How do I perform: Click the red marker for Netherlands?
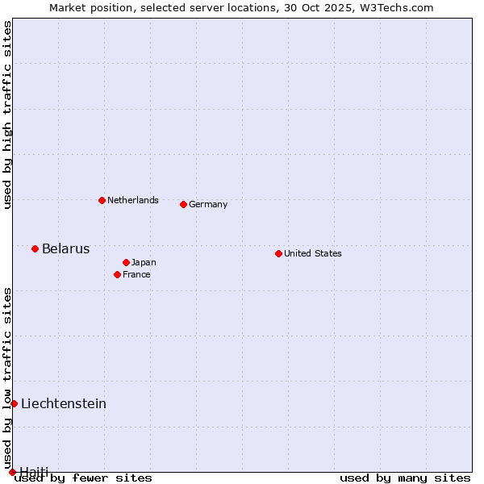click(102, 200)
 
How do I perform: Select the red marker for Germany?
click(183, 204)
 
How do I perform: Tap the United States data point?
click(278, 253)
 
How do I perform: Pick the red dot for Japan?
click(126, 262)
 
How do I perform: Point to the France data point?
click(117, 274)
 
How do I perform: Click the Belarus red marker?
click(35, 248)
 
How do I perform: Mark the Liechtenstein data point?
click(14, 403)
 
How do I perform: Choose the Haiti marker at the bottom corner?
click(12, 472)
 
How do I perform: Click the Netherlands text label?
click(133, 200)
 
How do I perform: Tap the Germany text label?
click(208, 204)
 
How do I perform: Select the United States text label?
click(313, 253)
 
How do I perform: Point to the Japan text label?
click(144, 262)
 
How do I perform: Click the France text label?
click(136, 274)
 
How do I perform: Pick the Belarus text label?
click(65, 248)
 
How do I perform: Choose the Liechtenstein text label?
click(64, 403)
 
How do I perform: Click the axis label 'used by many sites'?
click(405, 478)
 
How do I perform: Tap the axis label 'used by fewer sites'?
click(84, 478)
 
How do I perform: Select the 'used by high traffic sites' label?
click(7, 115)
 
